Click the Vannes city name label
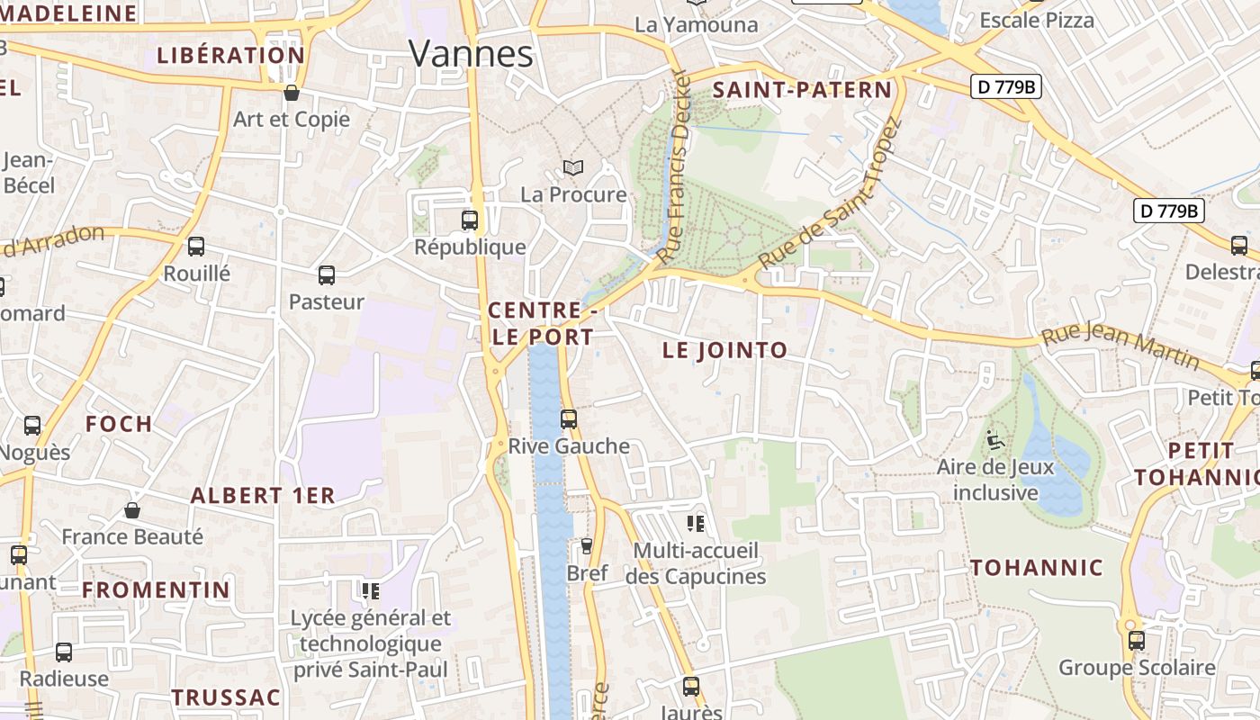(x=471, y=54)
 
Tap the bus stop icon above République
(x=469, y=220)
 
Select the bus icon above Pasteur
(x=326, y=275)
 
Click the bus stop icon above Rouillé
(x=196, y=247)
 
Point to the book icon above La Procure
(x=573, y=167)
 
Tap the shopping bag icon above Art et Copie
(x=292, y=92)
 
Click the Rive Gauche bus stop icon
(x=568, y=418)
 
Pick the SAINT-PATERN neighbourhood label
(x=802, y=90)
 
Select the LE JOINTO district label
(x=724, y=350)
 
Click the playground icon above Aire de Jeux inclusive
(x=994, y=440)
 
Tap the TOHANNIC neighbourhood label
(x=1037, y=568)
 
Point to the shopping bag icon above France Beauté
(x=132, y=510)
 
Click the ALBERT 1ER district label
(x=263, y=495)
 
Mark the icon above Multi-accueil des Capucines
(x=696, y=523)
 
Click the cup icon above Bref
(x=587, y=545)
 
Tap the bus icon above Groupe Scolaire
(x=1137, y=640)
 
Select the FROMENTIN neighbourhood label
(x=157, y=590)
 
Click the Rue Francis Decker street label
(x=678, y=166)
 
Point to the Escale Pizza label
(x=1037, y=21)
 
